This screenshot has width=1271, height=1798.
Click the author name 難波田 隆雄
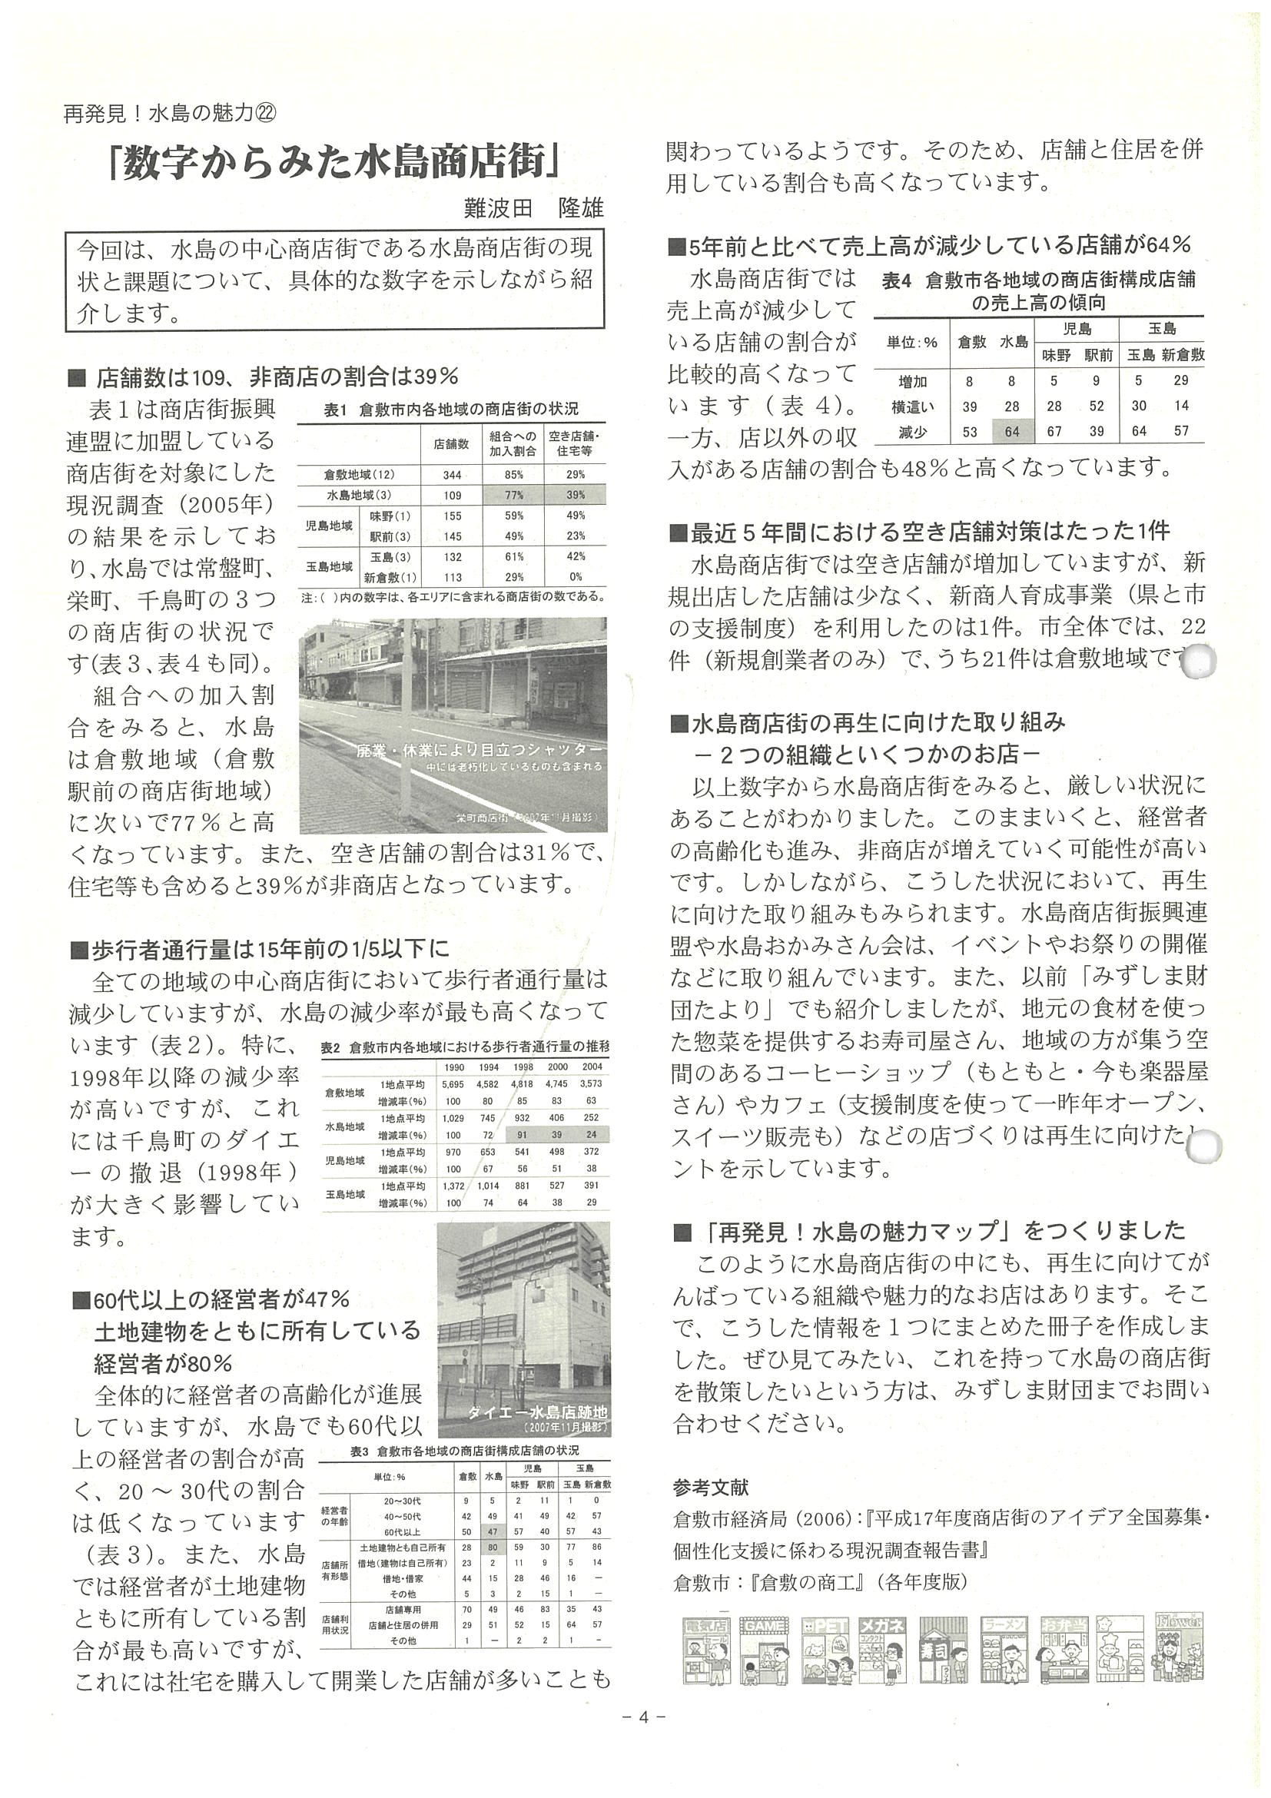coord(533,208)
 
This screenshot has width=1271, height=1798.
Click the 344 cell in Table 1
coord(452,475)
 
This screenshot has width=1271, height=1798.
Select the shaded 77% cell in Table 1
coord(514,495)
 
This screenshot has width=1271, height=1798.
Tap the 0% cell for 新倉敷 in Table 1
coord(576,577)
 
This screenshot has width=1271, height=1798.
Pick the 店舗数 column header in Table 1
coord(452,444)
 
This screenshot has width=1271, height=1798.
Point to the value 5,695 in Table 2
coord(453,1085)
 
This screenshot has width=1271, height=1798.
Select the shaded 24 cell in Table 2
coord(591,1135)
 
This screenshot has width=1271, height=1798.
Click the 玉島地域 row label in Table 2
coord(345,1194)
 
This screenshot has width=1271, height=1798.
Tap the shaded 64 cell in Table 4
coord(1012,432)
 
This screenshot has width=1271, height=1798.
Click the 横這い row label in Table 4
coord(912,406)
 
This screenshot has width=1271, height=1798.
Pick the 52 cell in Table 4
coord(1097,406)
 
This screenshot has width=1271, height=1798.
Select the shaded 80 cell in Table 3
coord(493,1548)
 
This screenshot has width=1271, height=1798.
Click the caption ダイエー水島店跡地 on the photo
coord(537,1413)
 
